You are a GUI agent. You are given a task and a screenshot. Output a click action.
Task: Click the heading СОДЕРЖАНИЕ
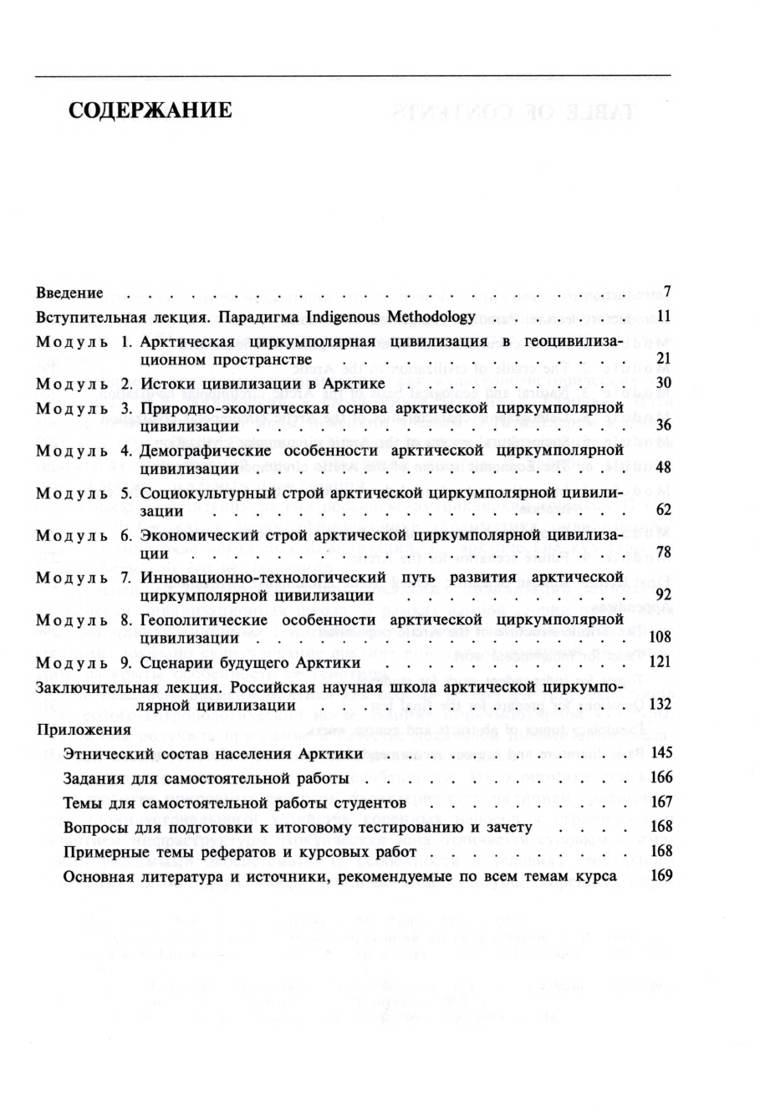coord(150,111)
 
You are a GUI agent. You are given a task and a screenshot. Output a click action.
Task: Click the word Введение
coord(70,293)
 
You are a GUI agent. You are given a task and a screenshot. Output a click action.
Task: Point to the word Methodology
coord(428,318)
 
